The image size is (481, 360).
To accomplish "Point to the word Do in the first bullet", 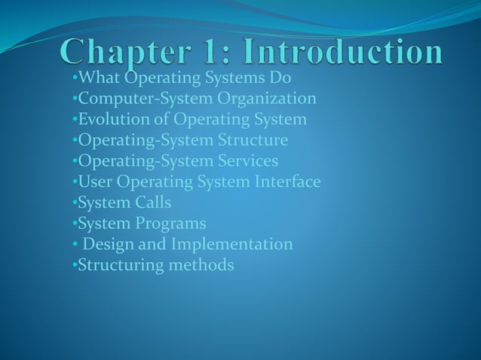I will click(280, 78).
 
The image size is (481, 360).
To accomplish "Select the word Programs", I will click(170, 224).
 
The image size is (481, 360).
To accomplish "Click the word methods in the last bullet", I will click(199, 265).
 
